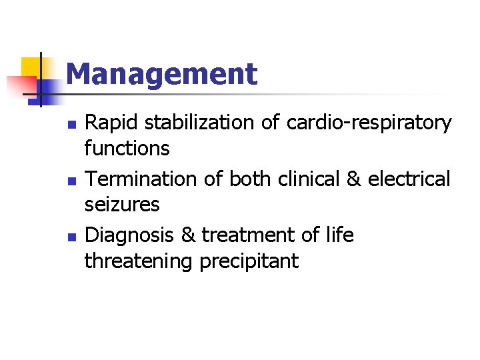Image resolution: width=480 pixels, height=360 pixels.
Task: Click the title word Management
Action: (x=161, y=74)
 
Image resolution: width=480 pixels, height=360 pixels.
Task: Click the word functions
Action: (x=127, y=148)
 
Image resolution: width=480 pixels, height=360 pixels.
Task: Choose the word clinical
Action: (x=308, y=179)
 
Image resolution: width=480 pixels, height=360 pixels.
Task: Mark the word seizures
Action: (x=122, y=204)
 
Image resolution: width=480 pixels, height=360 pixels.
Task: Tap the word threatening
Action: (x=138, y=261)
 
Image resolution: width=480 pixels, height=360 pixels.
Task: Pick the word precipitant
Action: (x=249, y=261)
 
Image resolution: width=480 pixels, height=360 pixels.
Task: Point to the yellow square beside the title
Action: (x=32, y=67)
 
